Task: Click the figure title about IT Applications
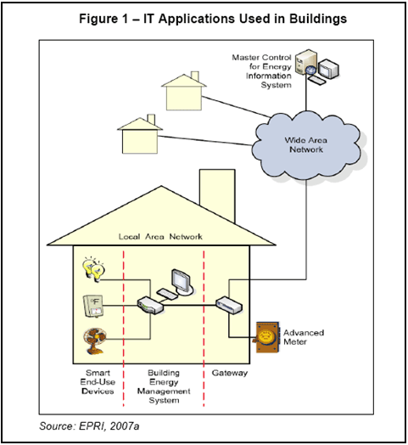point(213,19)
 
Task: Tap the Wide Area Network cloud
point(306,145)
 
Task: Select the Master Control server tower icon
point(305,62)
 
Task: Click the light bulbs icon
point(93,268)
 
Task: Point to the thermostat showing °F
point(93,306)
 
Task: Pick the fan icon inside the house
point(95,341)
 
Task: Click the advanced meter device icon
point(266,337)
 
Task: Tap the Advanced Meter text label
point(304,337)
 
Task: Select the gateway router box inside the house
point(229,305)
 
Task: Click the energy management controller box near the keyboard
point(150,306)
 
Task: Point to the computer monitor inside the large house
point(182,281)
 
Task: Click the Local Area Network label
point(160,236)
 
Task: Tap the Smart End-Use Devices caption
point(98,381)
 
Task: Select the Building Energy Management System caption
point(164,386)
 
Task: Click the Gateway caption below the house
point(230,373)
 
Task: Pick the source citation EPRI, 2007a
point(89,426)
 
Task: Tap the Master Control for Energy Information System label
point(261,71)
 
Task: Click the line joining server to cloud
point(306,93)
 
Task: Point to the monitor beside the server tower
point(328,69)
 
